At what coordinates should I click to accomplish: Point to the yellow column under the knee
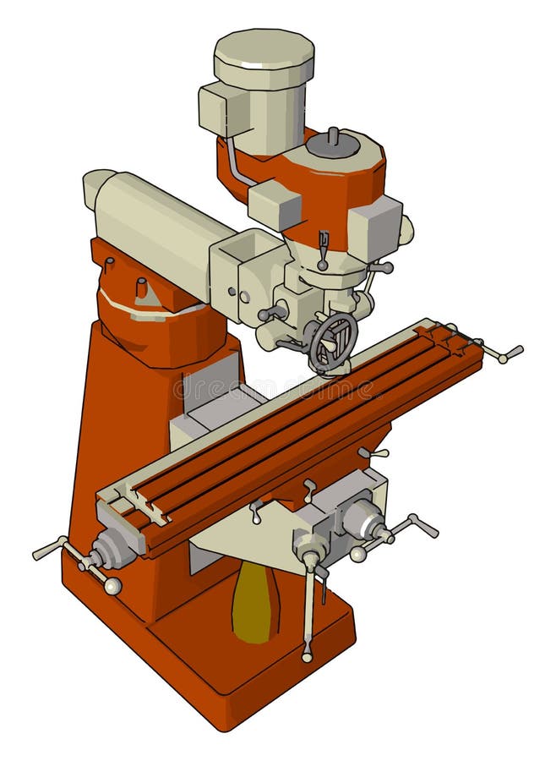click(255, 601)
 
